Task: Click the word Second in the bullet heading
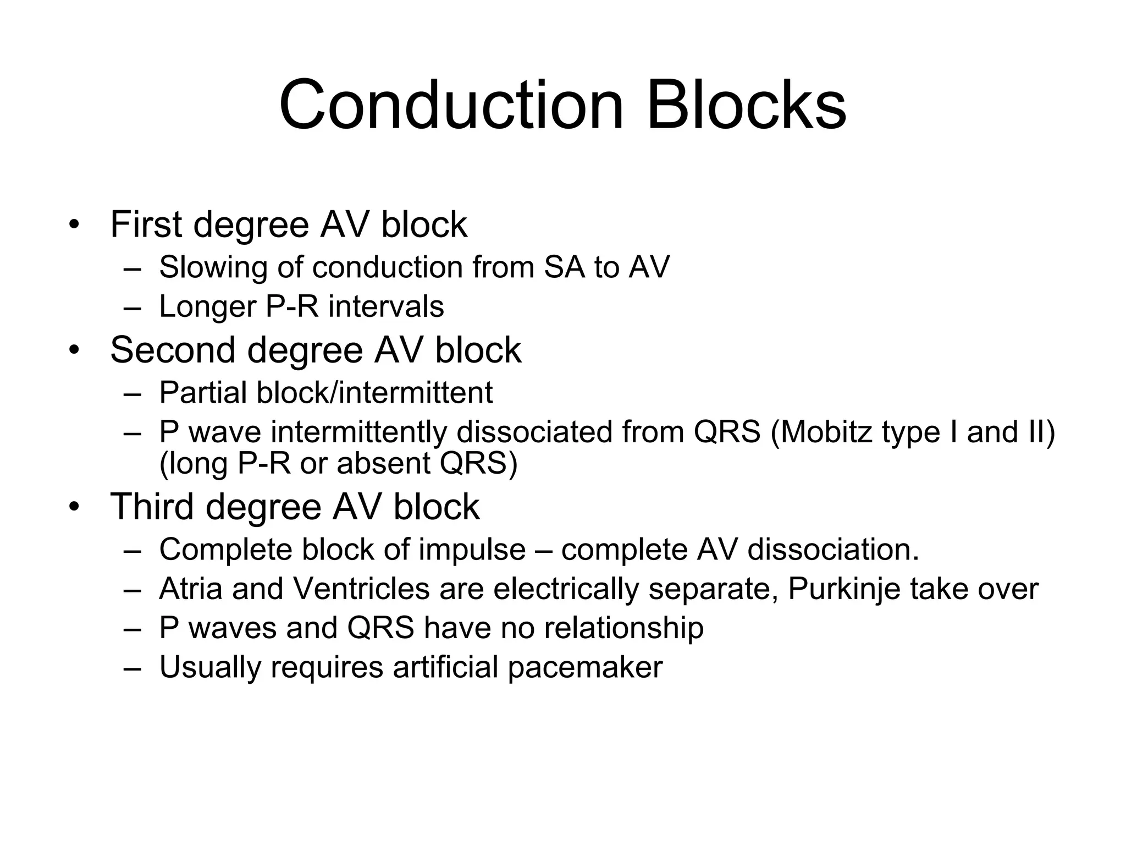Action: point(172,350)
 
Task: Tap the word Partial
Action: point(202,393)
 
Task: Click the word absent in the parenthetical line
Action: point(383,463)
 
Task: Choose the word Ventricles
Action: point(361,589)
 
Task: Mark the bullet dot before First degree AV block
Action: point(74,226)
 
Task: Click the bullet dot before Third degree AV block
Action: point(74,507)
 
